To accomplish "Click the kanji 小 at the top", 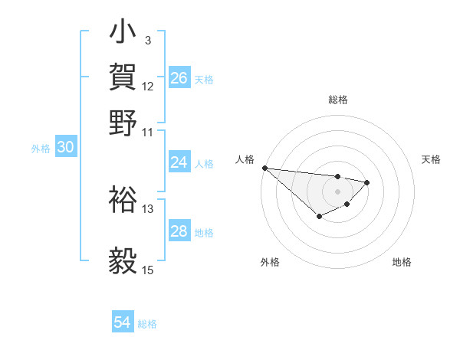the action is (123, 34).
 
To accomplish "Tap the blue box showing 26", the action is (179, 78).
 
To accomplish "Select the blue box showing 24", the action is (179, 162).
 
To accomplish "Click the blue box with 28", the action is (179, 231).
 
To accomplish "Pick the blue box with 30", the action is (65, 149).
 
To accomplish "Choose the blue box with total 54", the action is (123, 323).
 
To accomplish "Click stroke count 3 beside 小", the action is (148, 40).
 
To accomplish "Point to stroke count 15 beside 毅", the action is (148, 270).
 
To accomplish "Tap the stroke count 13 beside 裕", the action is (148, 208).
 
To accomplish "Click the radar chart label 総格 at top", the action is (337, 100).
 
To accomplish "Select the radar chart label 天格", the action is (431, 159).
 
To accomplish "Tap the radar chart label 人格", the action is (245, 159).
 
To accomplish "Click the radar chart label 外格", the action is (270, 262).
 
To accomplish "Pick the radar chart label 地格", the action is (402, 262).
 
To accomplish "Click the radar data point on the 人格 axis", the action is (264, 168).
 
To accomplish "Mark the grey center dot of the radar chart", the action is (337, 191).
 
